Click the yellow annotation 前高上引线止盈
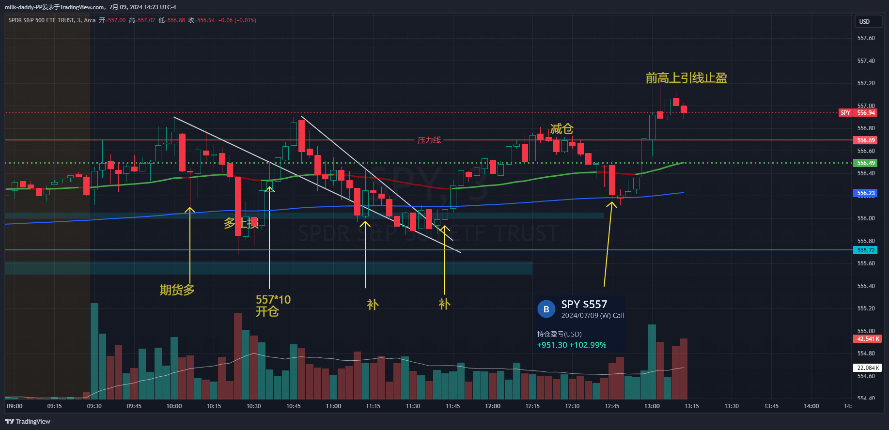(686, 78)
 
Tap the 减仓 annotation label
(561, 129)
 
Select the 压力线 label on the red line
(429, 140)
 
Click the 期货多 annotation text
(177, 290)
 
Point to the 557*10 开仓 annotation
(273, 305)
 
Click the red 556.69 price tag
(866, 140)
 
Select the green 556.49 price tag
(866, 163)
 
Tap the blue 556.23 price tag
(866, 193)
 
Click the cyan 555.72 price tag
(866, 250)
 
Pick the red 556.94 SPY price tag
(866, 113)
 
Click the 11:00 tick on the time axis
(333, 406)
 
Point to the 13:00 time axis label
(652, 406)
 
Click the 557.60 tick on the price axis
(866, 38)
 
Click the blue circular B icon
(546, 309)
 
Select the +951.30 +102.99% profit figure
(572, 345)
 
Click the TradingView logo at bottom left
(28, 421)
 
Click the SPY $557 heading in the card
(584, 304)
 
